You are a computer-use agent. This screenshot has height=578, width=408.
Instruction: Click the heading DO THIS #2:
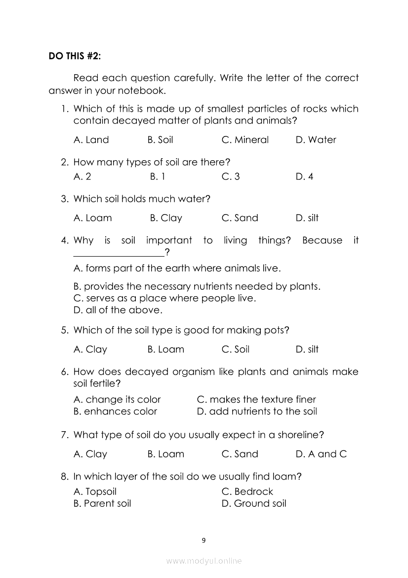pyautogui.click(x=74, y=56)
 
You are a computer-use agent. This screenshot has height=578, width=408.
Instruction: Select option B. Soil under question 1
pyautogui.click(x=160, y=140)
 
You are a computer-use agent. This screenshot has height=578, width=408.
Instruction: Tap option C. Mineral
pyautogui.click(x=245, y=140)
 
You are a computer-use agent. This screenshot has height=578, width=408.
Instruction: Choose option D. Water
pyautogui.click(x=316, y=140)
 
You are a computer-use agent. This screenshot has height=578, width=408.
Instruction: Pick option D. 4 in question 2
pyautogui.click(x=304, y=177)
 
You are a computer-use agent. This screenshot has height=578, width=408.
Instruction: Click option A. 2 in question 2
pyautogui.click(x=82, y=177)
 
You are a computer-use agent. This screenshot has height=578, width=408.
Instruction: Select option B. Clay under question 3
pyautogui.click(x=166, y=218)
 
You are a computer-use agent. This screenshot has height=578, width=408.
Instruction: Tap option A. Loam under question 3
pyautogui.click(x=92, y=218)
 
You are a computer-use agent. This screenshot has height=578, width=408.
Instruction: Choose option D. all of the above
pyautogui.click(x=118, y=311)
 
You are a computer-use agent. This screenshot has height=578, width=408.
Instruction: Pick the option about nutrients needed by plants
pyautogui.click(x=197, y=286)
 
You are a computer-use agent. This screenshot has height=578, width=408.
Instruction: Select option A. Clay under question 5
pyautogui.click(x=90, y=350)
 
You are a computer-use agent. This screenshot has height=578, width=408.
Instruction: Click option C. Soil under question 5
pyautogui.click(x=236, y=350)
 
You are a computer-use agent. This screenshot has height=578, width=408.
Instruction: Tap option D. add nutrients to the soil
pyautogui.click(x=257, y=411)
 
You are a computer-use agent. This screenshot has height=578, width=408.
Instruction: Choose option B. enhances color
pyautogui.click(x=115, y=411)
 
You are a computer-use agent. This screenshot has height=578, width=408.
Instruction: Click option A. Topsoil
pyautogui.click(x=95, y=492)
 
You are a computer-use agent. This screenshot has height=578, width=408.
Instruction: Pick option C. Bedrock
pyautogui.click(x=247, y=492)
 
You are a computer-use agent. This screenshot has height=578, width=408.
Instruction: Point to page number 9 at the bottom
pyautogui.click(x=204, y=540)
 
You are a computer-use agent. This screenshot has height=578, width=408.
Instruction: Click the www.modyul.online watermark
pyautogui.click(x=204, y=561)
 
